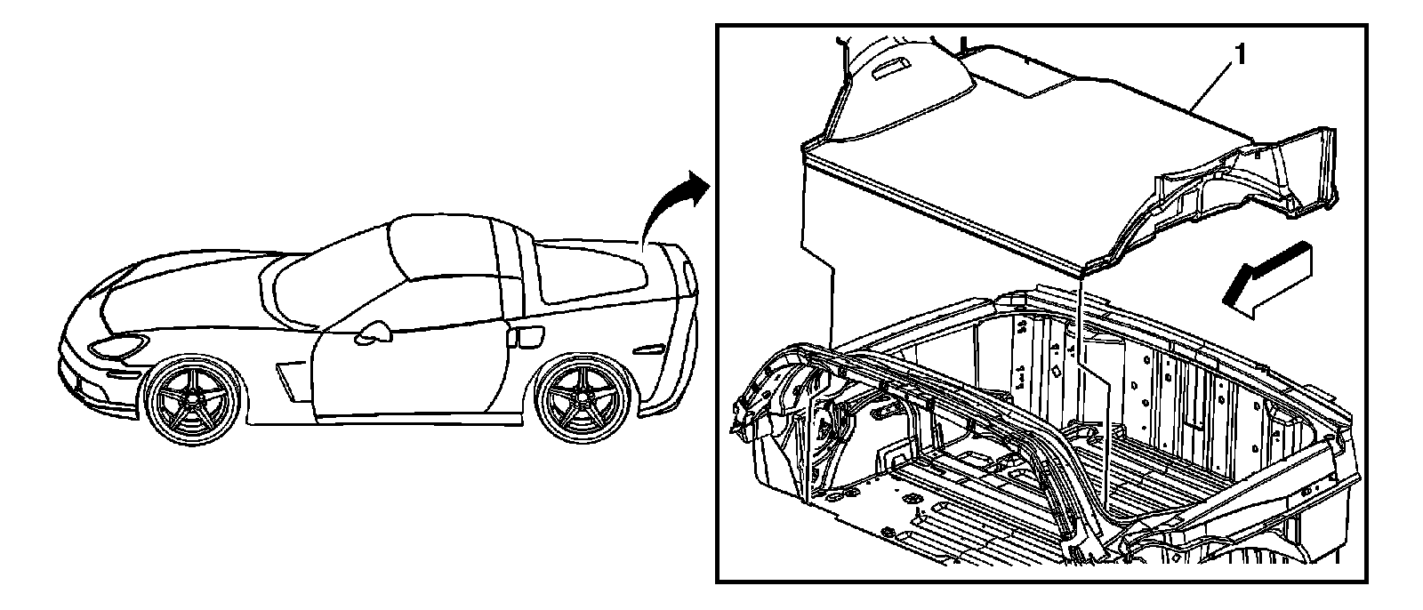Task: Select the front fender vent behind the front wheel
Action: tap(290, 378)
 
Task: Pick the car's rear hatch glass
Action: tap(596, 271)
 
